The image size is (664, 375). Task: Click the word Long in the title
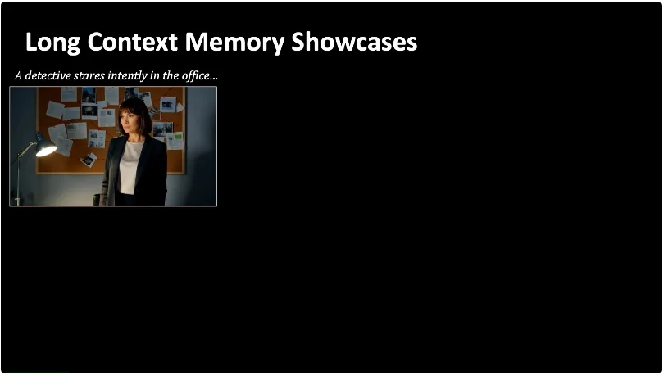point(52,43)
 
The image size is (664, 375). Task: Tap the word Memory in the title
point(234,43)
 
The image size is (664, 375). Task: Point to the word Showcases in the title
point(354,42)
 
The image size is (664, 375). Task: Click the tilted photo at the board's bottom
point(89,160)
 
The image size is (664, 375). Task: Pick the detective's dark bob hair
point(135,114)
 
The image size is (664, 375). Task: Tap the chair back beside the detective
point(97,200)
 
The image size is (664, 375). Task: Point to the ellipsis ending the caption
point(214,79)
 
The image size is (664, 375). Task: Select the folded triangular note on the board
point(180,107)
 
